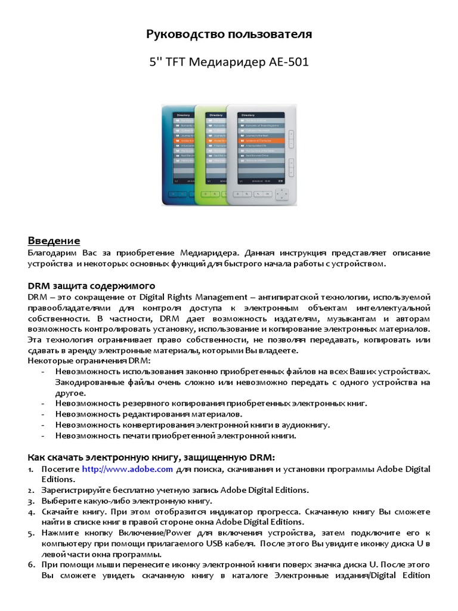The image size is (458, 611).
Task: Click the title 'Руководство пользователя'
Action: click(229, 35)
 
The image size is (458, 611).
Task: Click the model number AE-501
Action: click(286, 62)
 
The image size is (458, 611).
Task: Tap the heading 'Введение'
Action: click(54, 240)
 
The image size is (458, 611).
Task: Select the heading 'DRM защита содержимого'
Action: click(92, 285)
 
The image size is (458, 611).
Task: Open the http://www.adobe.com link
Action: click(127, 469)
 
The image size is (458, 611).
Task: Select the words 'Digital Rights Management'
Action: click(193, 297)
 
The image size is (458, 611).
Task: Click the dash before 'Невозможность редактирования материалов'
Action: click(45, 413)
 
